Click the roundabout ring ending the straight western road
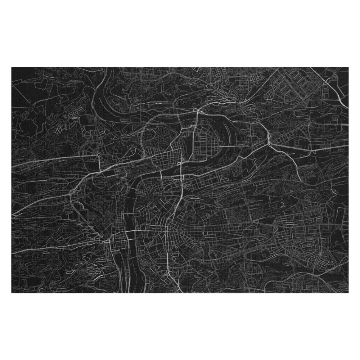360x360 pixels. (98, 155)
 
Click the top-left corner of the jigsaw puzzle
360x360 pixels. (12, 67)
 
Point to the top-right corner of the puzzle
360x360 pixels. (348, 67)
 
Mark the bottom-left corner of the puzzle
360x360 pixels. (12, 292)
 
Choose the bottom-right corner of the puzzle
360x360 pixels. (348, 292)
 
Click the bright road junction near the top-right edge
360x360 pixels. (327, 82)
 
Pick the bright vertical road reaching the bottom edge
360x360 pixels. (168, 259)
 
